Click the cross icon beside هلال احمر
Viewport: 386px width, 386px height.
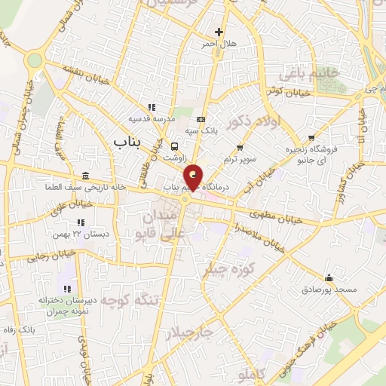(219, 32)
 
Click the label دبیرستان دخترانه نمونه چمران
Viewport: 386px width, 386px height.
(66, 305)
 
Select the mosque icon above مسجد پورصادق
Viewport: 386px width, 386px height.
(329, 276)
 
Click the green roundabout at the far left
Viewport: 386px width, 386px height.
(33, 60)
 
